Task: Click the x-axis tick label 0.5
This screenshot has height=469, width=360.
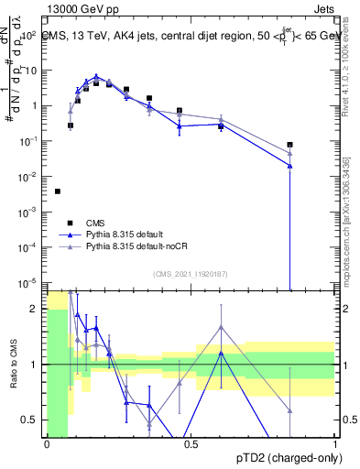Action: pyautogui.click(x=191, y=444)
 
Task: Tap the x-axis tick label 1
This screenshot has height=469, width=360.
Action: pyautogui.click(x=335, y=444)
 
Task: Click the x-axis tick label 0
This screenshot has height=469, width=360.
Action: pyautogui.click(x=47, y=444)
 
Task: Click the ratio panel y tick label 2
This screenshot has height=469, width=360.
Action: pyautogui.click(x=38, y=309)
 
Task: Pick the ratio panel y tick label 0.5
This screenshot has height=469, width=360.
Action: pyautogui.click(x=33, y=420)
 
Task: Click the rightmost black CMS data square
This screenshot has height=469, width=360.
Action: pyautogui.click(x=289, y=145)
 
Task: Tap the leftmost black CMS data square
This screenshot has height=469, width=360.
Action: pyautogui.click(x=58, y=191)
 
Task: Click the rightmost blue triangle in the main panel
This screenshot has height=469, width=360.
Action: pyautogui.click(x=289, y=166)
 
